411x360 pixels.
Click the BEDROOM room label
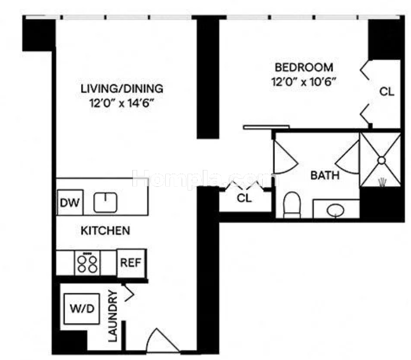coord(304,68)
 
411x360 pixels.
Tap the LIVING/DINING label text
coord(122,89)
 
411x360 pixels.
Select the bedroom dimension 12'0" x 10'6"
coord(303,82)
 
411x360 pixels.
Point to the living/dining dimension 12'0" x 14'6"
coord(121,103)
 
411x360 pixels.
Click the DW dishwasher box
coord(70,203)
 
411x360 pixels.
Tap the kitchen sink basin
coord(105,202)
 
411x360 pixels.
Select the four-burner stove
coord(87,263)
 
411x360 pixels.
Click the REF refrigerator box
coord(131,263)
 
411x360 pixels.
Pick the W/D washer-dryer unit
coord(82,309)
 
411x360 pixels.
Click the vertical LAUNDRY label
coord(112,316)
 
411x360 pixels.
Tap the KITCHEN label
coord(105,231)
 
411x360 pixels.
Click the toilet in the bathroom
coord(292,205)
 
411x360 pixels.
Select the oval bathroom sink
coord(335,210)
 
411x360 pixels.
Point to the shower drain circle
coord(381,160)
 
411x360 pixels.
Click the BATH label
coord(325,175)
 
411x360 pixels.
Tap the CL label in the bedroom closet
coord(387,92)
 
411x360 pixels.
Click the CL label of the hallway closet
coord(244,199)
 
